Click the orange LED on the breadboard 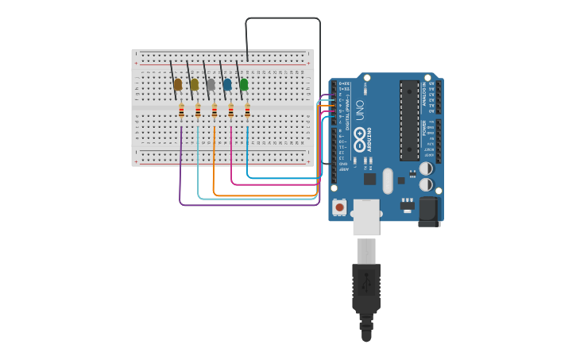click(x=178, y=83)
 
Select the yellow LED click(x=194, y=83)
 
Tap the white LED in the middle click(x=211, y=83)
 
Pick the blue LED click(x=227, y=83)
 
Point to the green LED click(x=244, y=83)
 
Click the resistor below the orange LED click(x=181, y=111)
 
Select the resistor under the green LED click(x=247, y=111)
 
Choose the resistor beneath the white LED click(x=215, y=111)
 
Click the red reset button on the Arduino click(x=339, y=207)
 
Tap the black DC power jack click(x=429, y=210)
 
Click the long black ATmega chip click(x=409, y=119)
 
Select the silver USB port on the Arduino click(x=366, y=216)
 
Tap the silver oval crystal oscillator click(x=388, y=180)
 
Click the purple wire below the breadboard click(x=238, y=206)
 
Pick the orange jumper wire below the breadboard click(x=262, y=195)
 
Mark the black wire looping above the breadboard click(x=283, y=18)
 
